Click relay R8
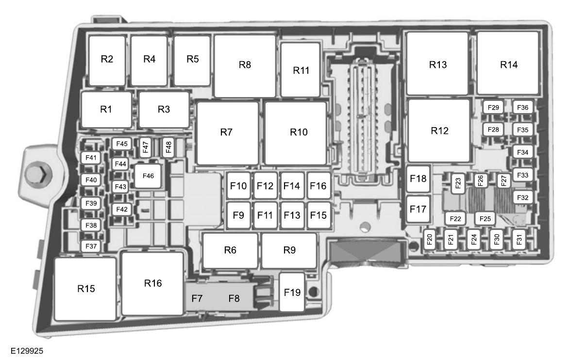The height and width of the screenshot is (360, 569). pyautogui.click(x=245, y=65)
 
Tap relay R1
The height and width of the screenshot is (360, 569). pyautogui.click(x=106, y=110)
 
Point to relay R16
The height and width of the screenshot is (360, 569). pyautogui.click(x=153, y=283)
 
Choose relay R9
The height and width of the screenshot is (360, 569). pyautogui.click(x=289, y=250)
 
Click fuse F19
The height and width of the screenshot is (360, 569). pyautogui.click(x=292, y=293)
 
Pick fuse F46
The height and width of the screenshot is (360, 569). pyautogui.click(x=148, y=176)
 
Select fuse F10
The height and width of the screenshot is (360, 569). pyautogui.click(x=238, y=186)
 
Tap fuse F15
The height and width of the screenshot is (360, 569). pyautogui.click(x=319, y=215)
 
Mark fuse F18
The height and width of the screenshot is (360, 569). pyautogui.click(x=418, y=179)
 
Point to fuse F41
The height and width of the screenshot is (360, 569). pyautogui.click(x=91, y=158)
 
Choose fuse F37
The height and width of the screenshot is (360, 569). pyautogui.click(x=91, y=246)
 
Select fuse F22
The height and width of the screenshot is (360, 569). pyautogui.click(x=455, y=219)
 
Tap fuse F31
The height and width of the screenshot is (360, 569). pyautogui.click(x=519, y=239)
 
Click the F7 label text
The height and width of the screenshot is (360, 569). pyautogui.click(x=197, y=298)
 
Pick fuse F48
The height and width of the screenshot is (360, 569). pyautogui.click(x=168, y=146)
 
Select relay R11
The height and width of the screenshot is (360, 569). pyautogui.click(x=301, y=70)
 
